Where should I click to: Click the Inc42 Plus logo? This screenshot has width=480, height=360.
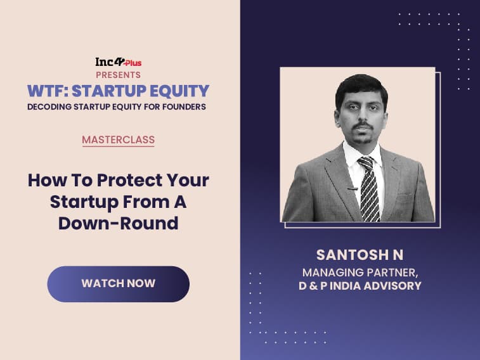click(x=118, y=62)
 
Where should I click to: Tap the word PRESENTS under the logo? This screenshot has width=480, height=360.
click(x=118, y=75)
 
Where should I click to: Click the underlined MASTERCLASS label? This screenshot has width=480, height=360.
click(x=118, y=140)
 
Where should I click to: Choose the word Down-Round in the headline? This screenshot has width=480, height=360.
click(x=118, y=223)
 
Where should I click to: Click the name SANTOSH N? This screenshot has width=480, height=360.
click(x=360, y=255)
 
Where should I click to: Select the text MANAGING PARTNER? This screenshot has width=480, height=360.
click(x=360, y=273)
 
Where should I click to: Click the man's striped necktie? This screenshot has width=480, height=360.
click(x=369, y=188)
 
